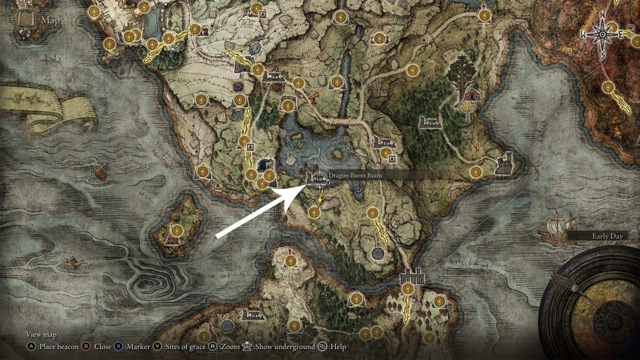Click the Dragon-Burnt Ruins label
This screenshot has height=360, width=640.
click(x=355, y=175)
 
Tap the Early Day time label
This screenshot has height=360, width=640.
click(x=607, y=236)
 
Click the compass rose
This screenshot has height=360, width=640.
click(x=602, y=35)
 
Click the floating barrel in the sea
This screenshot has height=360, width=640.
click(x=101, y=174)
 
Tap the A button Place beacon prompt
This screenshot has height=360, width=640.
click(x=53, y=347)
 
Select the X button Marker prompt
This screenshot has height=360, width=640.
click(x=132, y=347)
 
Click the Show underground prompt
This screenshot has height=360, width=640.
click(x=279, y=347)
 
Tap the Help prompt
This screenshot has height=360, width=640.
click(x=332, y=347)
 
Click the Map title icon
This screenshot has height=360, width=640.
click(x=27, y=20)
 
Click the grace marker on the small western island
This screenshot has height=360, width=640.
click(x=177, y=230)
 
